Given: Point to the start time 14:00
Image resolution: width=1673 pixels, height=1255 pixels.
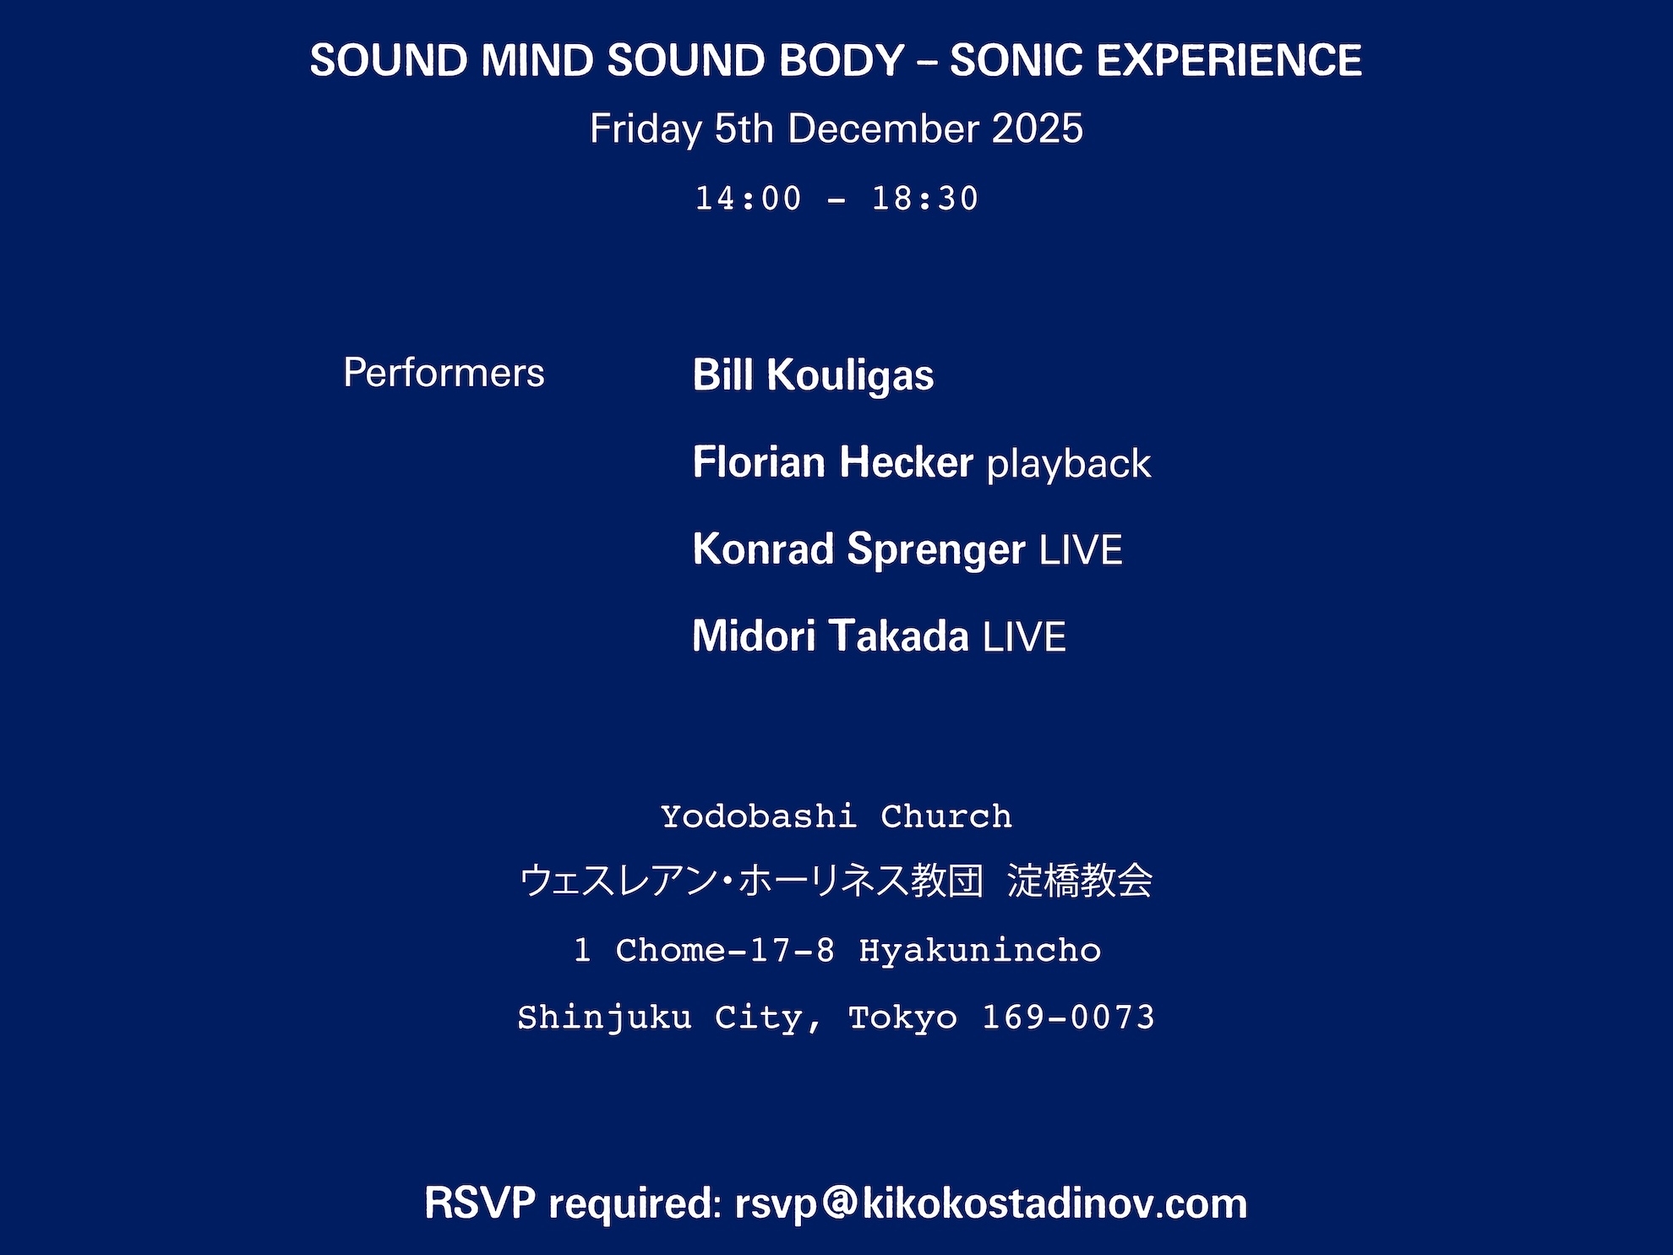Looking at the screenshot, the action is coord(748,199).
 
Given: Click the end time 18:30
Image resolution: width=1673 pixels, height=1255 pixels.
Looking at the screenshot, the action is coord(925,199).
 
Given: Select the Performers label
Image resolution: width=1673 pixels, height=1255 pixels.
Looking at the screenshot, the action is coord(444,373).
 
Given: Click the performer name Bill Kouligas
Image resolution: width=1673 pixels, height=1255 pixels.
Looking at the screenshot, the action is coord(813,375).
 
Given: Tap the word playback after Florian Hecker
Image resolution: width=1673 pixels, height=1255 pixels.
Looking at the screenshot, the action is coord(1069,464).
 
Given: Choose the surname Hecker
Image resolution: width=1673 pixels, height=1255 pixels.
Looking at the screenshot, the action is coord(906,462).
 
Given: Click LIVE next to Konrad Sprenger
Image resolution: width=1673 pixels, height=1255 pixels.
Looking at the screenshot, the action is coord(1081,550).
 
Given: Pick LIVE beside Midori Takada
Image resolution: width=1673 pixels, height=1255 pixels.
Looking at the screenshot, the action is coord(1024,637).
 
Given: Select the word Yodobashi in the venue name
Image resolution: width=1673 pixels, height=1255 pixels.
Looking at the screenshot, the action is coord(759,816).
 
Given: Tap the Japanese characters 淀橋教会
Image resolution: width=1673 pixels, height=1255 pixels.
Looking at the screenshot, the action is coord(1080,881).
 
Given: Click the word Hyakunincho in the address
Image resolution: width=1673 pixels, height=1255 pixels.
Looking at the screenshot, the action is coord(980,951).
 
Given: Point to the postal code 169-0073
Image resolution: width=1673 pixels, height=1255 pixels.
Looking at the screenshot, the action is coord(1068,1018).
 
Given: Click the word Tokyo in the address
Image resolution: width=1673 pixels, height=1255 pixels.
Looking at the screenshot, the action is coord(903,1018).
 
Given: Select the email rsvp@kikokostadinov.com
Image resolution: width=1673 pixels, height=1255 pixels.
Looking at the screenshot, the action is coord(991,1203).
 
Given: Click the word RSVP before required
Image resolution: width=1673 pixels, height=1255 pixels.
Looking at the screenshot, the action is coord(480,1203).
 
